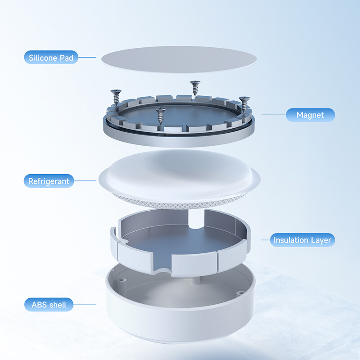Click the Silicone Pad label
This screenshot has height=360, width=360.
51,58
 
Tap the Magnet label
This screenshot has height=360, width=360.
310,115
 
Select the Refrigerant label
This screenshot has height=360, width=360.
49,181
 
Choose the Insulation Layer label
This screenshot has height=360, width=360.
302,240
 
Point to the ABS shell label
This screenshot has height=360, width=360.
49,305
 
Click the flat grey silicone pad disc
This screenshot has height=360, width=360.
179,59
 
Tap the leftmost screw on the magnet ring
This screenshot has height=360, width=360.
116,97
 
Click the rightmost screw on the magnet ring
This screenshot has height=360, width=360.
244,104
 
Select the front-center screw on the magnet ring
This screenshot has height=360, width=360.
161,115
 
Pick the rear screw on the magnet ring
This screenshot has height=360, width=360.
195,88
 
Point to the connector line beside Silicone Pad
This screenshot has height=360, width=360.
87,58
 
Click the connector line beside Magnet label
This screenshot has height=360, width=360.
274,115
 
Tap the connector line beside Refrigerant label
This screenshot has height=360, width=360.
85,181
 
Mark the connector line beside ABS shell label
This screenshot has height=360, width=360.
85,305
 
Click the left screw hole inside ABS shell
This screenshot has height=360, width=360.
121,280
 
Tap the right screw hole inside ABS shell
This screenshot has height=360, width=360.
240,293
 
